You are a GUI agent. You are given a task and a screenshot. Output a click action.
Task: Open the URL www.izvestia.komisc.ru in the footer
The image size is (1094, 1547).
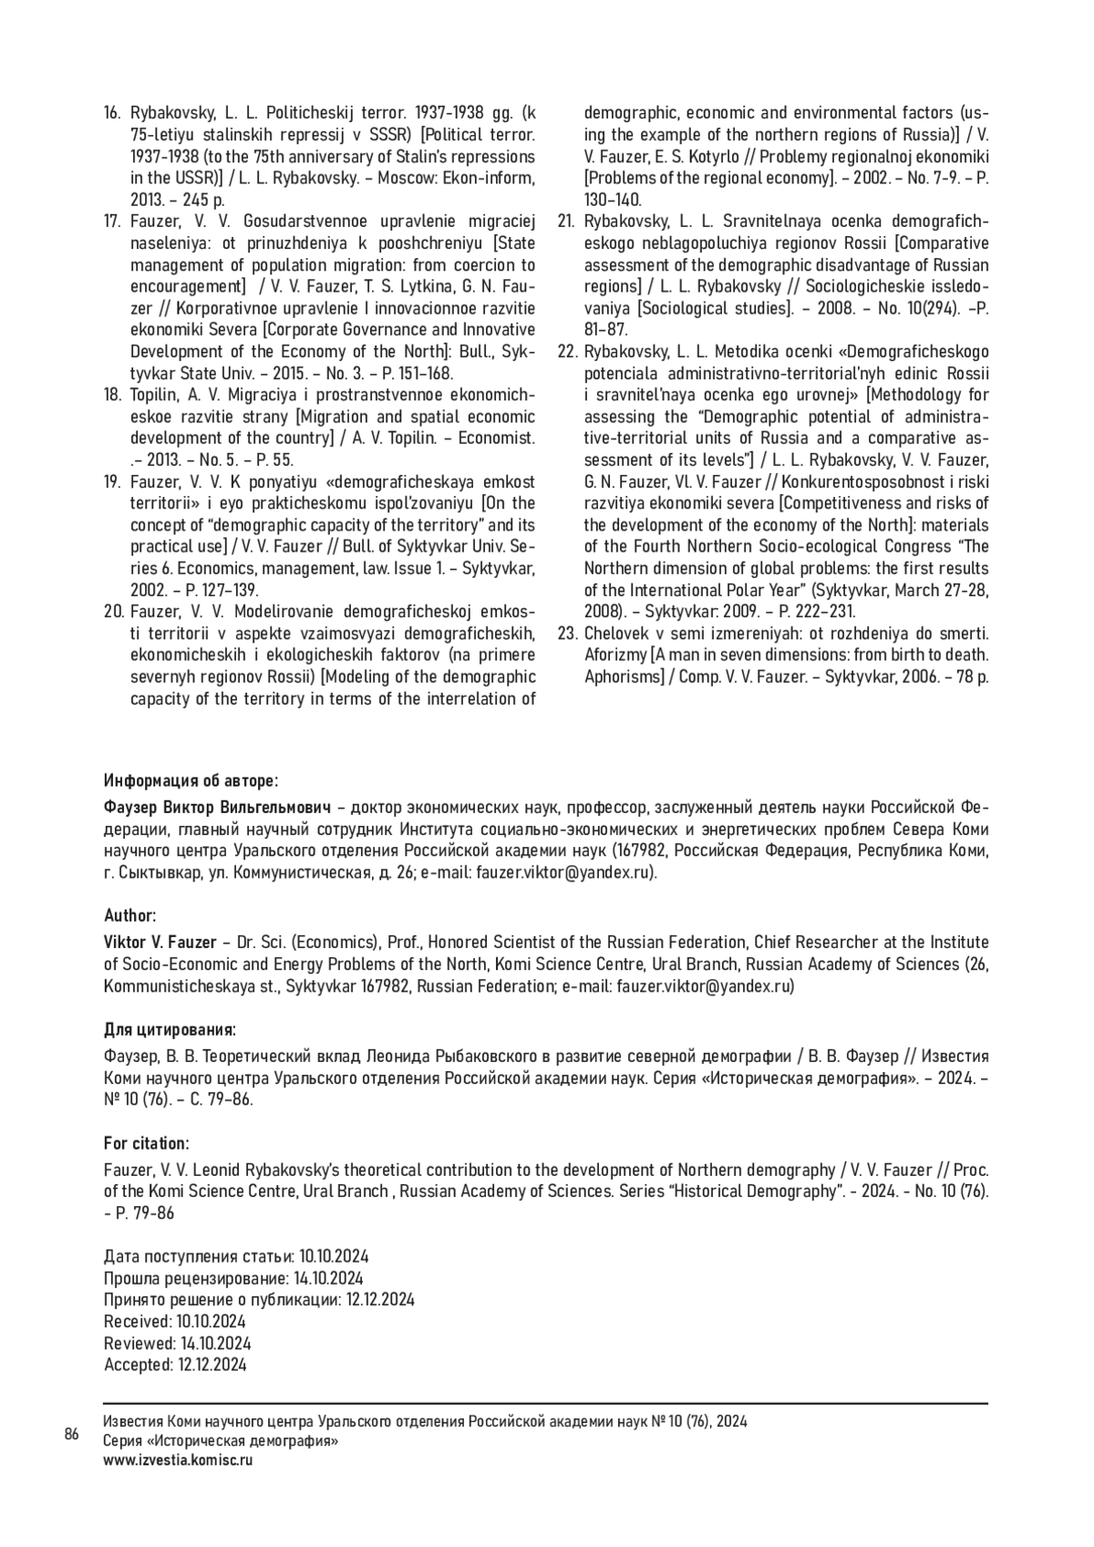click(x=178, y=1459)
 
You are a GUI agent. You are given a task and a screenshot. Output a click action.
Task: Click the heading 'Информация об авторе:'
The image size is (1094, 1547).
click(x=191, y=781)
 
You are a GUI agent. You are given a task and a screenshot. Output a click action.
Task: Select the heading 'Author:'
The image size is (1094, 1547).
click(x=129, y=915)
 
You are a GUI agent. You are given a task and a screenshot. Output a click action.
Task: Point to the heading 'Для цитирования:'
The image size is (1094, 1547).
click(x=170, y=1030)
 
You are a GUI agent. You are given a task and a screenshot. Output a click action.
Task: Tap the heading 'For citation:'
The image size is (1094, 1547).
click(x=146, y=1143)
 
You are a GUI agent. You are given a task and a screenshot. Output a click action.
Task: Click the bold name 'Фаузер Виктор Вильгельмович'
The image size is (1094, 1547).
click(x=217, y=808)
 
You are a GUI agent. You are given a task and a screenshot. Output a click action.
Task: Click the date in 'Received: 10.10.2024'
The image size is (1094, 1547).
click(x=211, y=1321)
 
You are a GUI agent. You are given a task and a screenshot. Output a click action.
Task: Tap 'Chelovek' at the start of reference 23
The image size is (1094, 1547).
click(x=615, y=633)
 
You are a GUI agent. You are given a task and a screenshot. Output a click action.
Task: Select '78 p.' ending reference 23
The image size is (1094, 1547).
click(x=971, y=676)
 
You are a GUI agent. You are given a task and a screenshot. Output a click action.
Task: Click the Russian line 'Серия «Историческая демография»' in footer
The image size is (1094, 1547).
click(x=222, y=1441)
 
